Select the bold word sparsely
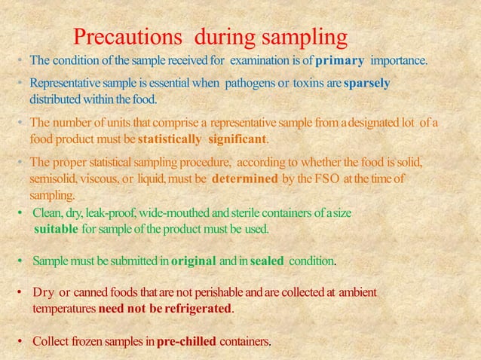[x=367, y=83]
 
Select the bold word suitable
[x=56, y=228]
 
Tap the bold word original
[x=194, y=261]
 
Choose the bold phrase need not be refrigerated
[x=166, y=309]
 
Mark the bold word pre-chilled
[x=186, y=341]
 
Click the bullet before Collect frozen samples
[x=20, y=341]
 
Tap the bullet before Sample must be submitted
[x=20, y=261]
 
